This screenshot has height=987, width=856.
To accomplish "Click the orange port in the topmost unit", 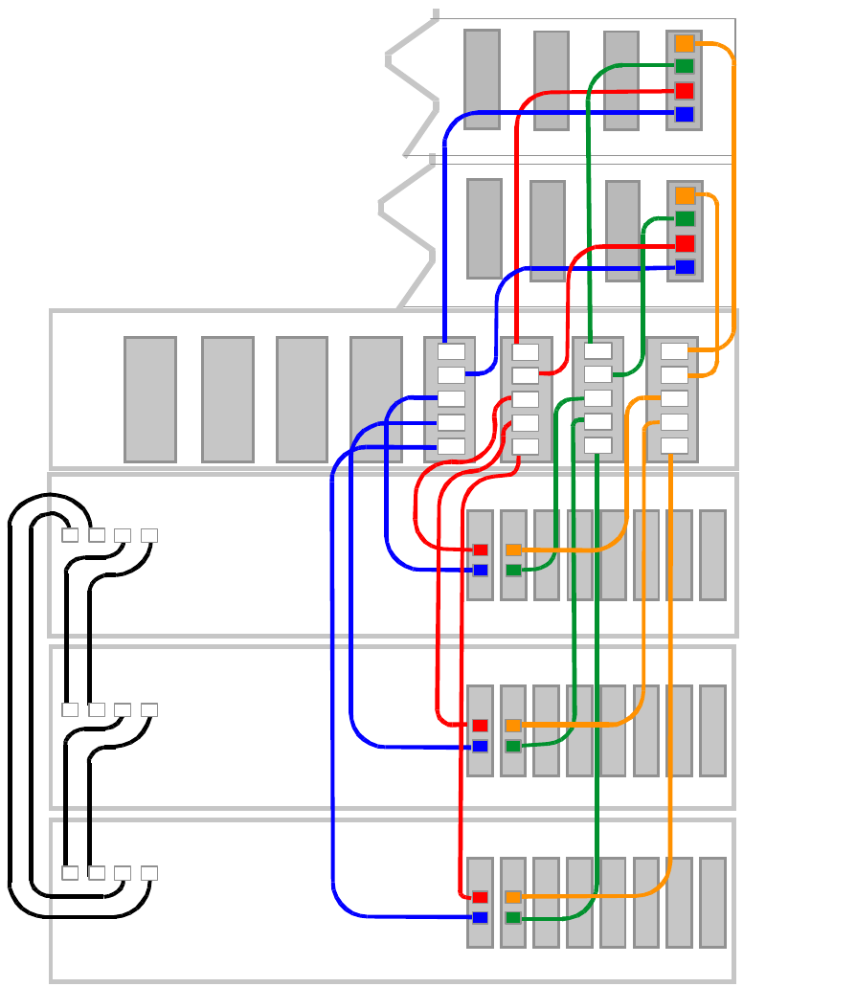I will pos(684,43).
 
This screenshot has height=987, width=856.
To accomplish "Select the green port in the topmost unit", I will pos(684,66).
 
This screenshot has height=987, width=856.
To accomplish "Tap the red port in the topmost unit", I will pos(684,91).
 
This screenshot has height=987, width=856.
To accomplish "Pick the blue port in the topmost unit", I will pos(684,115).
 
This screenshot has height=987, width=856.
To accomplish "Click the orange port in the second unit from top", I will pos(685,195).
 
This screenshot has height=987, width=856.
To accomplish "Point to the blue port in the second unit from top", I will pos(685,267).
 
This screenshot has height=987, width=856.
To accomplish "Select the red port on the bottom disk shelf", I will pos(480,897).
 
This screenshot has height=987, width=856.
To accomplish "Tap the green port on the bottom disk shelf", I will pos(513,918).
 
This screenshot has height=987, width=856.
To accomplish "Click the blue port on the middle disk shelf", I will pos(480,746).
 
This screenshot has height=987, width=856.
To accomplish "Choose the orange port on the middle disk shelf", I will pos(513,725).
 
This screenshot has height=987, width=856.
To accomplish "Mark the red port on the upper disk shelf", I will pos(480,550).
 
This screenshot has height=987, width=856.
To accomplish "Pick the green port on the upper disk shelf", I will pos(513,571).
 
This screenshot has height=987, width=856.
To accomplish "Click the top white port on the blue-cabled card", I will pos(451,351).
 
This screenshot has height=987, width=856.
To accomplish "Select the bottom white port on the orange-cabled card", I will pos(674,445).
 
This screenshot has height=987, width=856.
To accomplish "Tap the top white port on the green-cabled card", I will pos(598,351).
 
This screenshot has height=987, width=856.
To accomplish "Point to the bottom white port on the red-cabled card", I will pos(525,446).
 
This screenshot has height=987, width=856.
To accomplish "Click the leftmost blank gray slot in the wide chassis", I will pos(150,399).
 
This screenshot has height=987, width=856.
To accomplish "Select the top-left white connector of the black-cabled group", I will pos(70,535).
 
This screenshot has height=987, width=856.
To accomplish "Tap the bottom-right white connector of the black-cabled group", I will pos(148,873).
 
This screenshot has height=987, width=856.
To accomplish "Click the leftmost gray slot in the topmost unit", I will pos(482,79).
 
